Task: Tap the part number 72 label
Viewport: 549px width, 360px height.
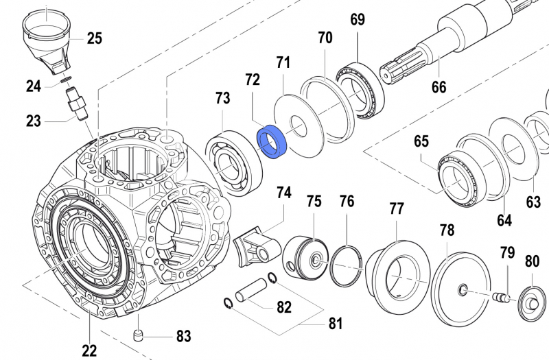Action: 252,80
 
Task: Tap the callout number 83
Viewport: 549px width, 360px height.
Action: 183,336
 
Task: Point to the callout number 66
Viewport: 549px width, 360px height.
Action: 439,87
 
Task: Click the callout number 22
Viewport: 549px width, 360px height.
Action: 90,350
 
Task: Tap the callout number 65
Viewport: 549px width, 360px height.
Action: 421,142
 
